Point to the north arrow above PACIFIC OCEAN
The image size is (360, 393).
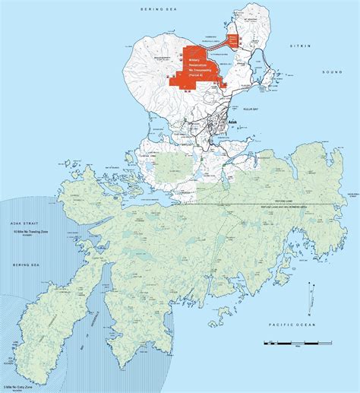click(x=311, y=290)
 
